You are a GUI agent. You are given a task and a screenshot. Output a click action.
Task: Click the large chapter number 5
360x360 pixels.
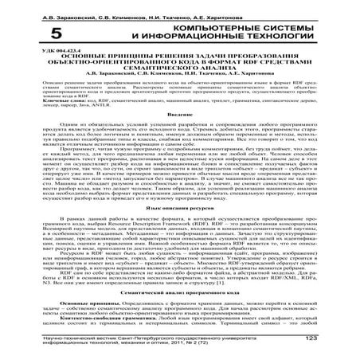55,33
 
